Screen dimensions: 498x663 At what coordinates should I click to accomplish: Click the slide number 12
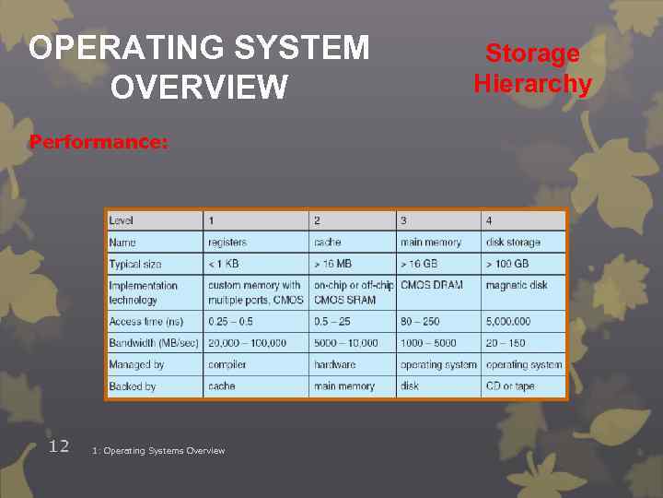point(59,446)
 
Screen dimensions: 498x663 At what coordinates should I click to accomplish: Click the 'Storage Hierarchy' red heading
point(532,68)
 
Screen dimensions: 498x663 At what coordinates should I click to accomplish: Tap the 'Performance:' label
point(99,143)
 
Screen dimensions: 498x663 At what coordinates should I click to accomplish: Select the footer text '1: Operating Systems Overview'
point(158,450)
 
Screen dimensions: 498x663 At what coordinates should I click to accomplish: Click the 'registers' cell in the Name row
point(227,243)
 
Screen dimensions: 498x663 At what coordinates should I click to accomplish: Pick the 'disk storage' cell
point(513,243)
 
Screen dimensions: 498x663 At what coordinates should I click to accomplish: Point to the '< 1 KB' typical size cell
point(224,264)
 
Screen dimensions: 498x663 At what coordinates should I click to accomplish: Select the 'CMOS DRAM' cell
point(432,285)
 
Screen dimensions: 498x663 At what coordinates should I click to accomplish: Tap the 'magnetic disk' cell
point(517,285)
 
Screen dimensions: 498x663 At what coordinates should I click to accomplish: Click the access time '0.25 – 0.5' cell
point(230,321)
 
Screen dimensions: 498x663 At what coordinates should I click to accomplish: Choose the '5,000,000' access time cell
point(508,321)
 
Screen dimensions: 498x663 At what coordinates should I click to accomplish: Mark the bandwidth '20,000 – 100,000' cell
point(247,343)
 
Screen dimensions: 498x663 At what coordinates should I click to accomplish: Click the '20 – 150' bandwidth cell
point(506,343)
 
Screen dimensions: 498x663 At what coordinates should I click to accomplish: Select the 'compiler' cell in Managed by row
point(227,364)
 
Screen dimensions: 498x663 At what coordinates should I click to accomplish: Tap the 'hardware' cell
point(334,364)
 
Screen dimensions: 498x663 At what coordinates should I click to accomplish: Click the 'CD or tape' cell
point(510,386)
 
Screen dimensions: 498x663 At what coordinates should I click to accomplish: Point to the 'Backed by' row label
point(133,386)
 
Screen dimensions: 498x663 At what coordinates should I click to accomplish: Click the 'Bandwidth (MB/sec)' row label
point(152,343)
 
